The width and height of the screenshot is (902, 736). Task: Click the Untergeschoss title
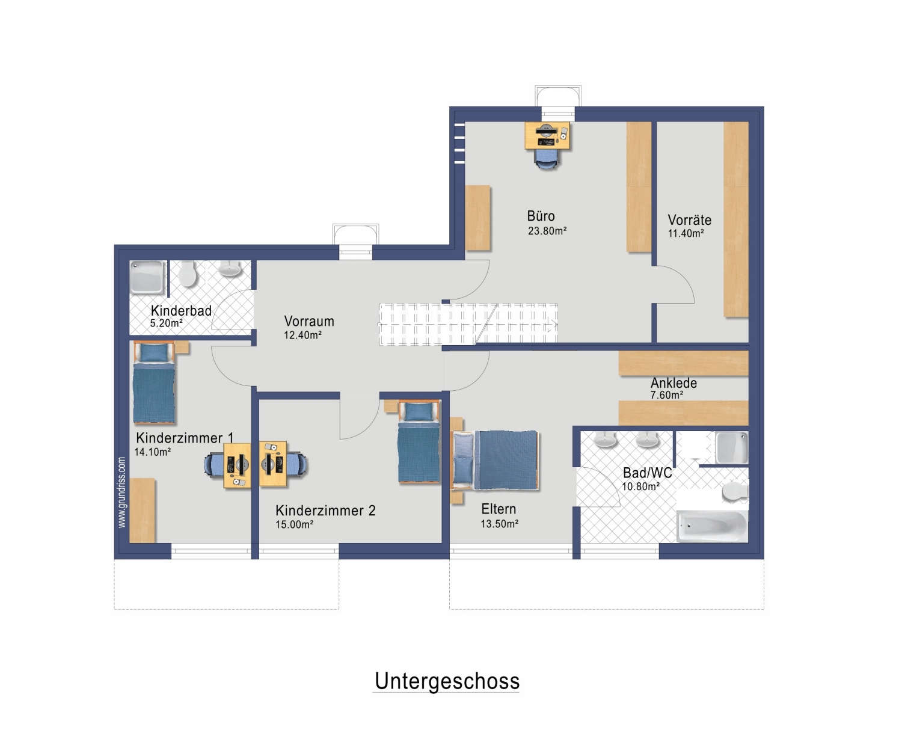tap(447, 681)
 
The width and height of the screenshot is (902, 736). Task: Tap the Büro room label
tap(541, 215)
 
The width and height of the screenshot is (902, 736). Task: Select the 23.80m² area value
tap(547, 231)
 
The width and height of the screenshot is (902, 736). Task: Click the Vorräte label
tap(690, 220)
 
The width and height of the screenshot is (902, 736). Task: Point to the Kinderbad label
tap(181, 310)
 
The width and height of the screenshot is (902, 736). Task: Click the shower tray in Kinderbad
tap(147, 278)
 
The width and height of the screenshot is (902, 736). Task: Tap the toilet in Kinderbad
tap(187, 274)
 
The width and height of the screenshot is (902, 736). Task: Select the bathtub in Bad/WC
tap(711, 527)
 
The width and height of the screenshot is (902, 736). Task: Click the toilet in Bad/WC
tap(735, 491)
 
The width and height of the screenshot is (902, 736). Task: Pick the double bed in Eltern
tap(495, 460)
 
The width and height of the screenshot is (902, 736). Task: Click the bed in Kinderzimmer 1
tap(155, 382)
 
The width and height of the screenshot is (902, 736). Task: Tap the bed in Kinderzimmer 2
tap(419, 441)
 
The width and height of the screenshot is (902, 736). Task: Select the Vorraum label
tap(309, 321)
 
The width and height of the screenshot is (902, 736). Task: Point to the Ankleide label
tap(673, 383)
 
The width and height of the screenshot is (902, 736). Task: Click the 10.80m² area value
tap(640, 486)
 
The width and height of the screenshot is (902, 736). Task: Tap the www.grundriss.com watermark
tap(122, 492)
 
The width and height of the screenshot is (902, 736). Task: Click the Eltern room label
tap(499, 509)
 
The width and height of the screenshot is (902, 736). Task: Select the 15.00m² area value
tap(294, 524)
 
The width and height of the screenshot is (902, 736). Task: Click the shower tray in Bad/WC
tap(732, 447)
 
